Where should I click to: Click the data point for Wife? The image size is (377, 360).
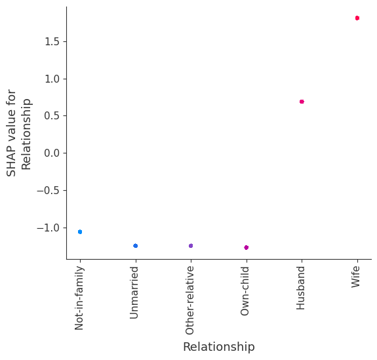357,18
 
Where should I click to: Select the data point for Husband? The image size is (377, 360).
302,102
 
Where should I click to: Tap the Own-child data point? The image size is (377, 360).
246,247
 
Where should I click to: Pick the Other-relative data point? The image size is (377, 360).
191,246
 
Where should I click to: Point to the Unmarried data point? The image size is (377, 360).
135,246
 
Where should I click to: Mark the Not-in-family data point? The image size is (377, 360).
80,231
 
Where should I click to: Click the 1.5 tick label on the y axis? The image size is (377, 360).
52,42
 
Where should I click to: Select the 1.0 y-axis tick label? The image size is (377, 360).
52,79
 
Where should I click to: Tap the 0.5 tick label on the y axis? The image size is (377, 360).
52,116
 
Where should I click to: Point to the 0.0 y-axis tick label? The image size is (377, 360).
52,153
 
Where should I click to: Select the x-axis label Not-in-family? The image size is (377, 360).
80,297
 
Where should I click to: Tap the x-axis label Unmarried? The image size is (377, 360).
135,292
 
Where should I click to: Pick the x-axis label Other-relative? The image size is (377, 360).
191,300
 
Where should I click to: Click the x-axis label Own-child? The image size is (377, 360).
246,290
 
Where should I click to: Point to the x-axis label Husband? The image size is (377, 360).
302,287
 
